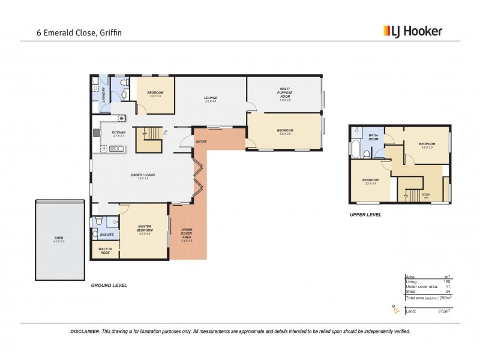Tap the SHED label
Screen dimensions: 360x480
click(x=59, y=238)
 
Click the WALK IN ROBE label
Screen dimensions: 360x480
click(x=104, y=251)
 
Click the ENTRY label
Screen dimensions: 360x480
click(x=202, y=142)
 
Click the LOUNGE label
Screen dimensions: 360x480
click(x=210, y=98)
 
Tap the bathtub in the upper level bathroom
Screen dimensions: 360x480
click(x=353, y=148)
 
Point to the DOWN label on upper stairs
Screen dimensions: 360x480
click(x=425, y=194)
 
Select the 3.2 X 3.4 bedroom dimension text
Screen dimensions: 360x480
click(x=370, y=184)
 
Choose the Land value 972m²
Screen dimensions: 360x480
click(x=443, y=311)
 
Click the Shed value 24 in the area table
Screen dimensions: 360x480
click(x=448, y=292)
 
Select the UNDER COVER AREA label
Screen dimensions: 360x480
click(x=187, y=233)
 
